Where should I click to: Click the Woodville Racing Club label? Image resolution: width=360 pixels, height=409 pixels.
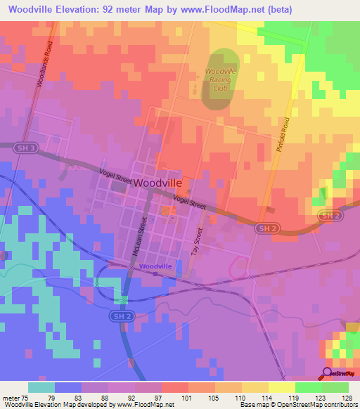pos(221,79)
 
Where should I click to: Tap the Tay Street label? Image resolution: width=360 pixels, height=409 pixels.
pos(197,245)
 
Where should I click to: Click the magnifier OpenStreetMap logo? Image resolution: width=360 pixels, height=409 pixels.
pos(337,374)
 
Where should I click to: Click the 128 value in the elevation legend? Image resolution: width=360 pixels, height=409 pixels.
pos(347,397)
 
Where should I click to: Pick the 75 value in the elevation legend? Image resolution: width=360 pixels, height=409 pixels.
pos(28,397)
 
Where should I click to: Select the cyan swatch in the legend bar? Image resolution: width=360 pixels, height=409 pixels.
pos(41,387)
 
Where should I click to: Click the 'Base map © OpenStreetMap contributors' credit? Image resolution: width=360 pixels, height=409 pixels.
pos(298,405)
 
